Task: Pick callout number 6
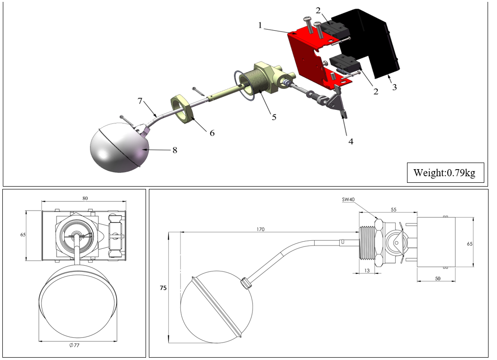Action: [x=212, y=133]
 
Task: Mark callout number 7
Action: [x=139, y=101]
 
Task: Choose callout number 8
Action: [x=174, y=151]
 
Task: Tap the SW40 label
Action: [x=348, y=199]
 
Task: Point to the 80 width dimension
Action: [x=85, y=198]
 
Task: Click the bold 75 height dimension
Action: [x=163, y=287]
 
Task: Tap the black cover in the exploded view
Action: [x=377, y=42]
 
